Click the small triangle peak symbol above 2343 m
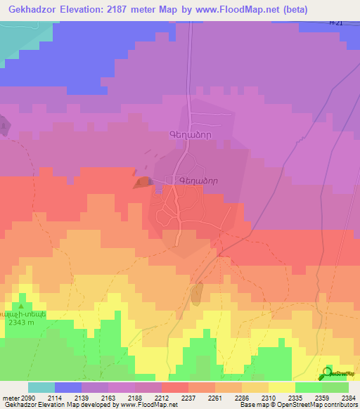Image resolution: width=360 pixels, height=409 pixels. (x=21, y=307)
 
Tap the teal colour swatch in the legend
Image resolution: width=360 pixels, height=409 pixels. (x=41, y=387)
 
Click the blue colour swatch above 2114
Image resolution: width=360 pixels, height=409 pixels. (x=67, y=387)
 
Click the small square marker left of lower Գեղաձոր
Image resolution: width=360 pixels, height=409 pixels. (x=167, y=180)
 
